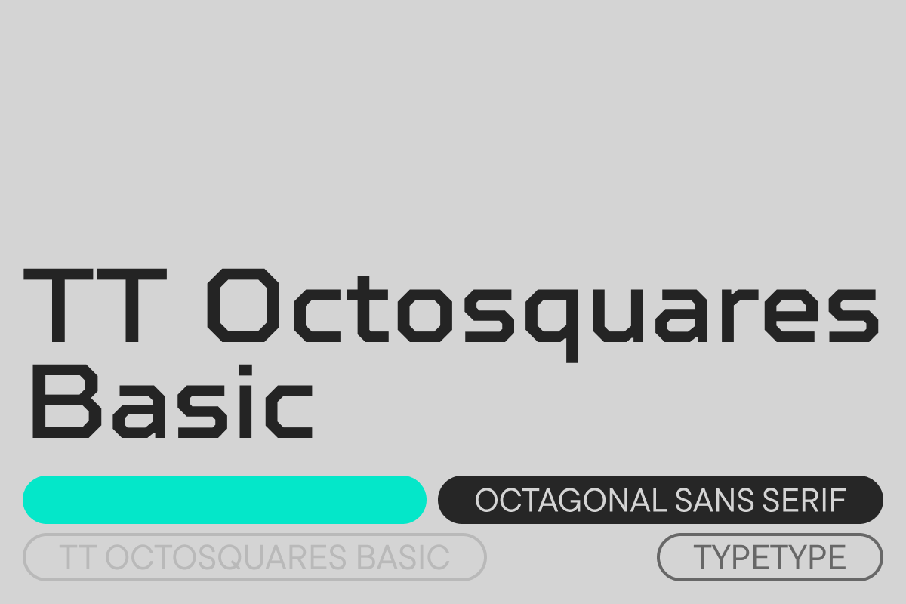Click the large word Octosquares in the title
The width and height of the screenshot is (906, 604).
tap(543, 316)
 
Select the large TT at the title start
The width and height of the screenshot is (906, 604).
tap(95, 306)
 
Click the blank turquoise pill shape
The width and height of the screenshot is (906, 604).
tap(224, 500)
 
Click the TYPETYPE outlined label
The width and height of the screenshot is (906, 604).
tap(769, 557)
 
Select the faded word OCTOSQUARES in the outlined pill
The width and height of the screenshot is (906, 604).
tap(226, 557)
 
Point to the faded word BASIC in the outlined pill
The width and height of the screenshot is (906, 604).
tap(403, 557)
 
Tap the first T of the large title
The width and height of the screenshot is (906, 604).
tap(58, 306)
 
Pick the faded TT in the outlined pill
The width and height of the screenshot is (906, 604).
tap(78, 557)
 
